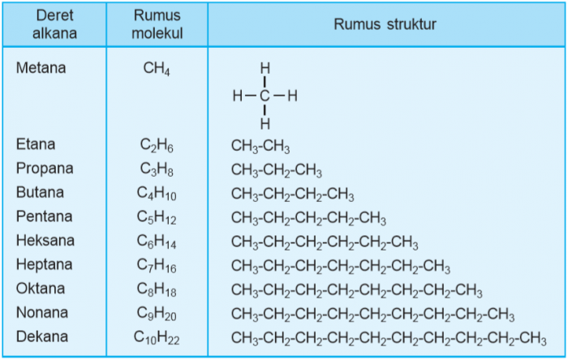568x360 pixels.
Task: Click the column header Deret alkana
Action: [x=54, y=24]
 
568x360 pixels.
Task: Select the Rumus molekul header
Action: [x=157, y=24]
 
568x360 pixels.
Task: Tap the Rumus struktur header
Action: [x=385, y=24]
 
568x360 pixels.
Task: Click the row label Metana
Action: [x=41, y=67]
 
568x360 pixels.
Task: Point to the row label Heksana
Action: [x=45, y=240]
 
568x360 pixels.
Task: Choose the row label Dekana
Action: [x=42, y=336]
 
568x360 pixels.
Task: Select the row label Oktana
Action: [x=41, y=289]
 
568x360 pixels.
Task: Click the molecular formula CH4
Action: [x=157, y=68]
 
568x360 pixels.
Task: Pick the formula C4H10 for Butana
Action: [x=157, y=194]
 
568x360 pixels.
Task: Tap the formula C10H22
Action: [x=157, y=338]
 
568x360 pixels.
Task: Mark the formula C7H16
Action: [x=157, y=266]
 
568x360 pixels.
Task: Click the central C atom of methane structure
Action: [x=265, y=96]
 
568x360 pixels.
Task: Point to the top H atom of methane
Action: [x=265, y=68]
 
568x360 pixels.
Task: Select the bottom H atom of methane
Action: [x=265, y=124]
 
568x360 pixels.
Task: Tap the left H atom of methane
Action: [x=238, y=96]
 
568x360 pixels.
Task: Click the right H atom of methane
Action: [x=293, y=96]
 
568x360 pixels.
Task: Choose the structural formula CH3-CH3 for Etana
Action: [x=260, y=146]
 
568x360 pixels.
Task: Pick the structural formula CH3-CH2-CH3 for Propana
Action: [x=277, y=170]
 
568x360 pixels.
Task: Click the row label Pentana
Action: [x=44, y=216]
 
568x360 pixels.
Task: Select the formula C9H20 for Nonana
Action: [x=157, y=314]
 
